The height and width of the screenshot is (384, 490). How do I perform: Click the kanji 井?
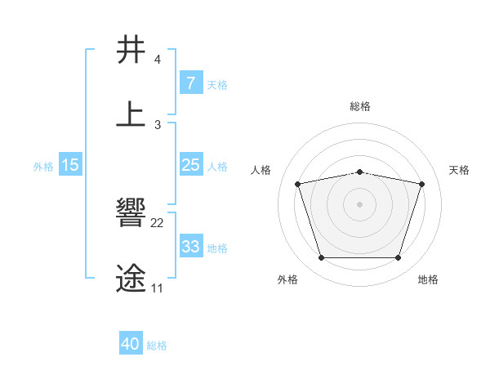[x=131, y=50]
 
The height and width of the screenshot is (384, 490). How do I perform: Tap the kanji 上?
[x=131, y=114]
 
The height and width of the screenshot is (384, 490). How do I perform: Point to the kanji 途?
[x=131, y=278]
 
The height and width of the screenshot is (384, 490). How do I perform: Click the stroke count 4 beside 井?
[x=158, y=60]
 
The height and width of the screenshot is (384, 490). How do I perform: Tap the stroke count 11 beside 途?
[x=157, y=288]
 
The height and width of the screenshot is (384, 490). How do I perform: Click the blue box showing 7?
[x=190, y=83]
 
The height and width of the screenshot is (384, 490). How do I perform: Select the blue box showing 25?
[x=190, y=165]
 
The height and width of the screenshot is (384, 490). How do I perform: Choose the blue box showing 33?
[x=190, y=247]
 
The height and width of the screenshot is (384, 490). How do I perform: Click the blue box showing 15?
[x=70, y=165]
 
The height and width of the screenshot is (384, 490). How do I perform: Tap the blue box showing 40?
[x=131, y=344]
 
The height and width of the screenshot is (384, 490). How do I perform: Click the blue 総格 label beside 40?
[x=157, y=346]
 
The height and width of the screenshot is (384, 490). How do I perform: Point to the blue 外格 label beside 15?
[x=43, y=167]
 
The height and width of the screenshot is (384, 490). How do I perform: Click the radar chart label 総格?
[x=360, y=106]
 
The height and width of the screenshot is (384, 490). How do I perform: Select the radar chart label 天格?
[x=459, y=170]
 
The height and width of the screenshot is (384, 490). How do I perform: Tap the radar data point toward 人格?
[x=298, y=184]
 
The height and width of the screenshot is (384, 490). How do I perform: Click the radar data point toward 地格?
[x=398, y=258]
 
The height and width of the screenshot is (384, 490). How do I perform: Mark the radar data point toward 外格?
[x=321, y=258]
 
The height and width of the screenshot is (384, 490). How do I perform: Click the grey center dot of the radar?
[x=359, y=204]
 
